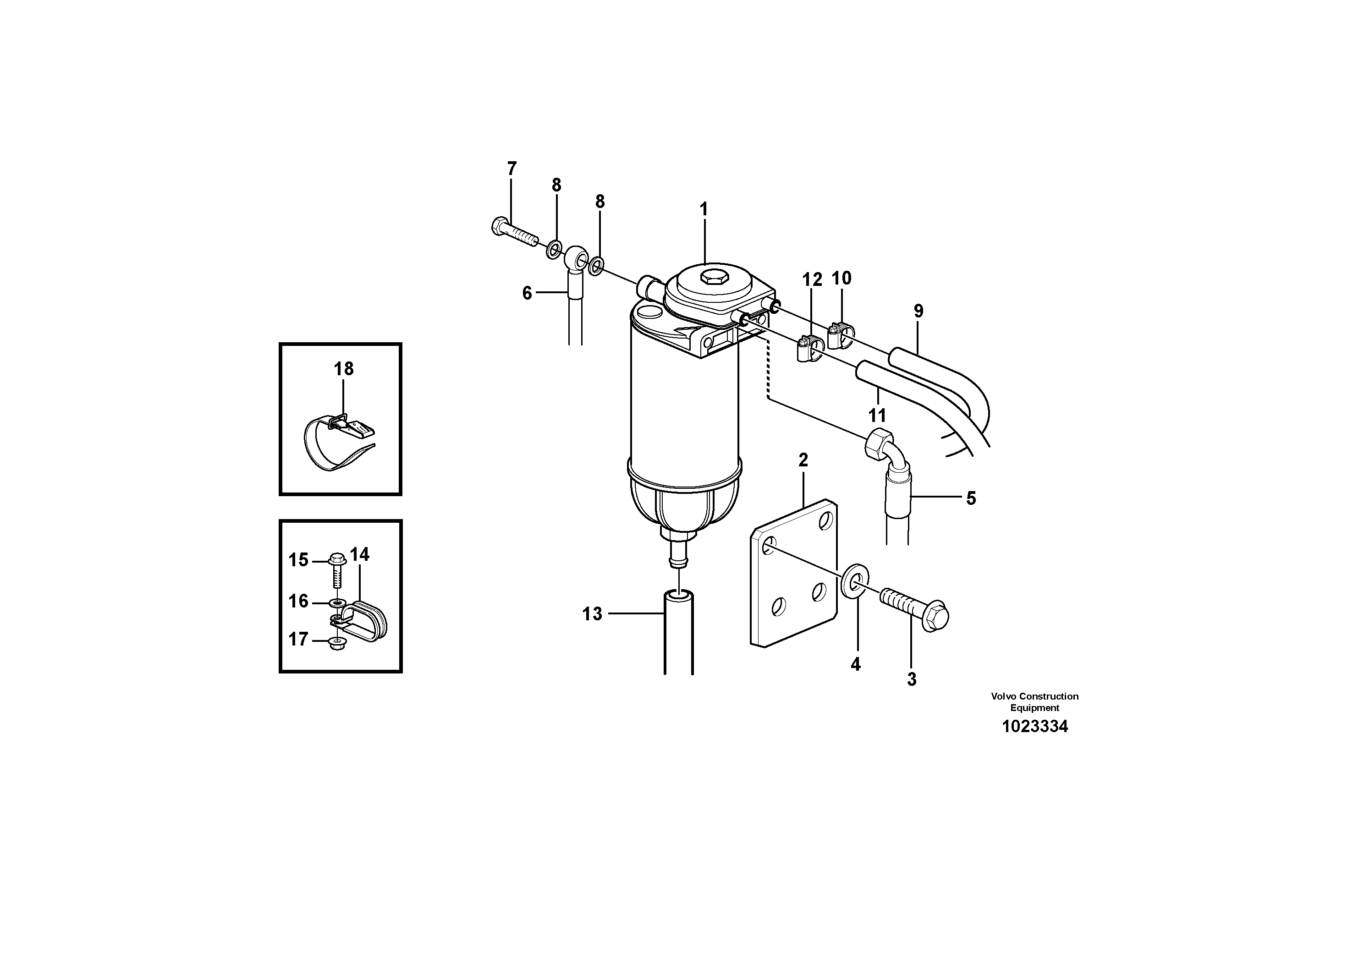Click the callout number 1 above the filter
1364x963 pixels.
pyautogui.click(x=704, y=209)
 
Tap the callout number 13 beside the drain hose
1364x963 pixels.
pyautogui.click(x=592, y=614)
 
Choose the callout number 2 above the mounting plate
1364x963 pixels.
pyautogui.click(x=803, y=460)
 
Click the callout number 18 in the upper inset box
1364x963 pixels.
pyautogui.click(x=343, y=369)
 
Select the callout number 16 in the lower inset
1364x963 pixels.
pyautogui.click(x=298, y=602)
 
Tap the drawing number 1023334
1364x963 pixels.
pyautogui.click(x=1034, y=726)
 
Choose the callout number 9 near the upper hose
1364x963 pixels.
pyautogui.click(x=918, y=311)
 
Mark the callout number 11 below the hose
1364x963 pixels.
pyautogui.click(x=877, y=415)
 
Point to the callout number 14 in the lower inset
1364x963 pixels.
pyautogui.click(x=359, y=554)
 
